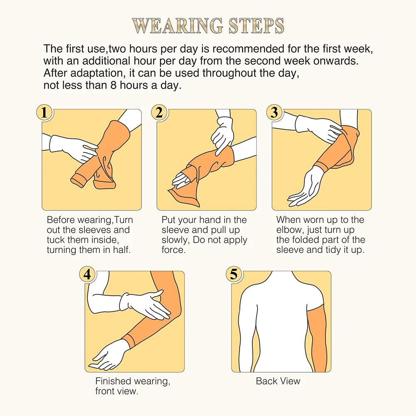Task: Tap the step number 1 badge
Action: pyautogui.click(x=45, y=113)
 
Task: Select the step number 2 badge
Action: pyautogui.click(x=159, y=113)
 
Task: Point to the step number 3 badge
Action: pyautogui.click(x=274, y=113)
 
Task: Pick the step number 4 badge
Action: pyautogui.click(x=87, y=275)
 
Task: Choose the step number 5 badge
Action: pyautogui.click(x=234, y=275)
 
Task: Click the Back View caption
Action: pyautogui.click(x=278, y=381)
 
